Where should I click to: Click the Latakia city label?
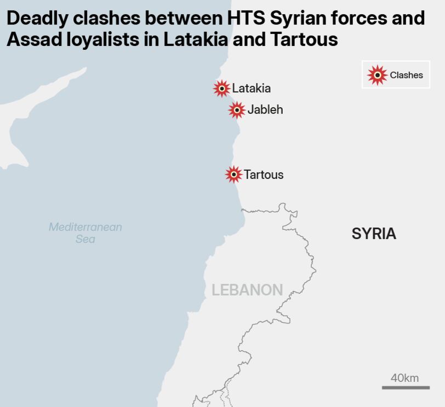pos(251,88)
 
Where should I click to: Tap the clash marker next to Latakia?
pos(221,88)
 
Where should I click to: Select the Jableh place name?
pos(265,109)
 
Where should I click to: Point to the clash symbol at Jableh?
pos(237,110)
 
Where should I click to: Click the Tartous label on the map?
pos(264,175)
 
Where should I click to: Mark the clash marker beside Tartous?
pos(233,175)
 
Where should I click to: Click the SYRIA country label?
pos(374,234)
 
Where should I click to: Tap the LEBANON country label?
pos(247,290)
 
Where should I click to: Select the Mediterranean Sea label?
pos(85,232)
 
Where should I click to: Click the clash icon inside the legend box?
pos(377,75)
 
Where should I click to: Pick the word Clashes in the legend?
pos(406,75)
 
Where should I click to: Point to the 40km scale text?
pos(404,378)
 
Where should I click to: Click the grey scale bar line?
pos(406,388)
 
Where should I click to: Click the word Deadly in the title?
pos(38,19)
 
